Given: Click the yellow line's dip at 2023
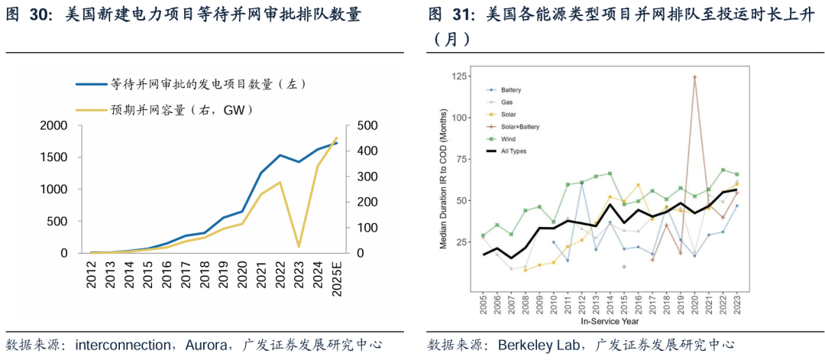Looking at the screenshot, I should point(298,246).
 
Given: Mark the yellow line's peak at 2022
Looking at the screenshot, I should point(280,182).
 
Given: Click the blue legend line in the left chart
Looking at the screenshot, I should point(91,84).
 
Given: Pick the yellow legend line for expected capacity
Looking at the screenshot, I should point(91,110).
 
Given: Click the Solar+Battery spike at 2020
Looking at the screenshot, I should point(694,76).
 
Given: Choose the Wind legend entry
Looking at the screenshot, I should point(507,138).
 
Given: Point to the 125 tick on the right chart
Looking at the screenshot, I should point(458,76).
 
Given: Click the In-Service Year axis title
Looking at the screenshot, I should point(610,322).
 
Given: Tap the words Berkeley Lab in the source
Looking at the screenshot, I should point(535,345).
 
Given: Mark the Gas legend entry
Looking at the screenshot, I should point(506,102).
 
